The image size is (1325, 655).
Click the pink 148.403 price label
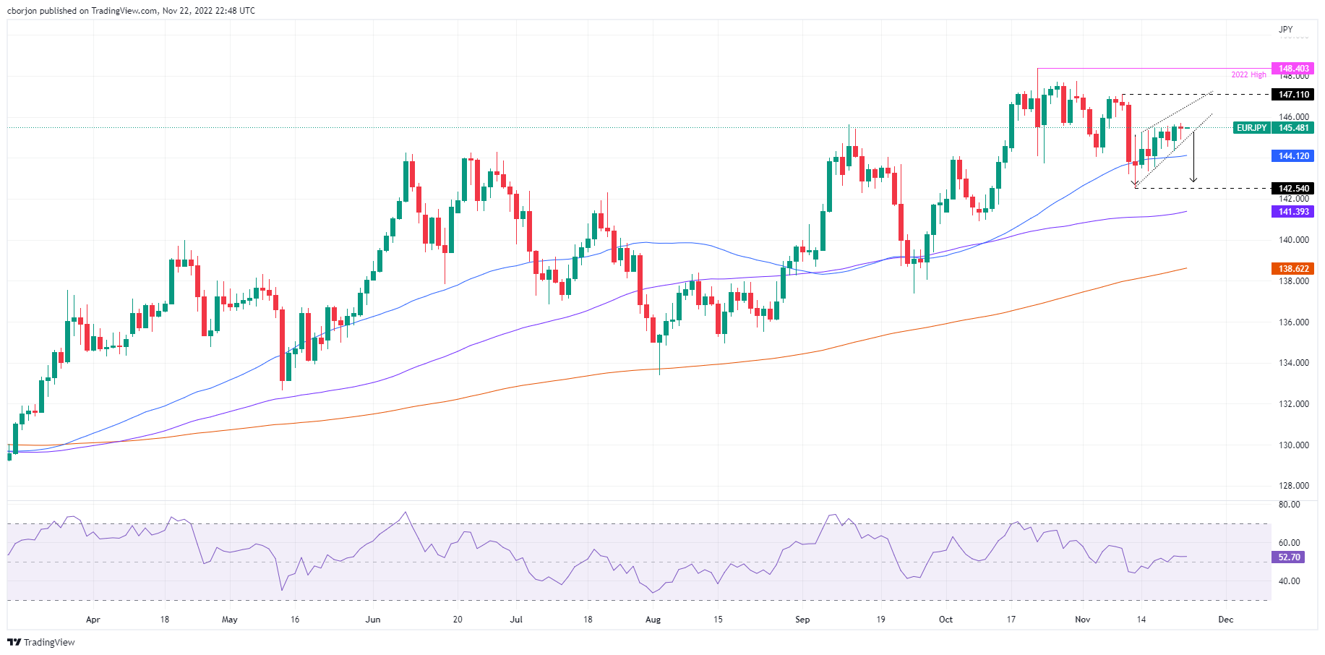[1293, 69]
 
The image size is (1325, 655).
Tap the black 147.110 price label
[1293, 95]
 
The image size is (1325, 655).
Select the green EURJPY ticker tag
[1251, 128]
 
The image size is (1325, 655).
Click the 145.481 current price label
[1293, 128]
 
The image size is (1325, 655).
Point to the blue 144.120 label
[1293, 156]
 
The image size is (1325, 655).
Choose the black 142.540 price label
[1293, 189]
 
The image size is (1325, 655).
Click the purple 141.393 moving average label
[1293, 212]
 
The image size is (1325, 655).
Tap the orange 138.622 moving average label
[1293, 269]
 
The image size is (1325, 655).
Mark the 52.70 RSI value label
[1289, 557]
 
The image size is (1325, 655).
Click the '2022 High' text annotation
[1248, 75]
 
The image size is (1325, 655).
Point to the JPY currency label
[1285, 30]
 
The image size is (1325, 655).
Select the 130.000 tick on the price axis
[1293, 445]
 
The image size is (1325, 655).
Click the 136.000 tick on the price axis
[1293, 322]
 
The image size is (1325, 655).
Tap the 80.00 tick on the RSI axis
[1289, 505]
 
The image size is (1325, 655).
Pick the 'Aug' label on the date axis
[653, 620]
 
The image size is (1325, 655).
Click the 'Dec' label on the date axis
[1225, 620]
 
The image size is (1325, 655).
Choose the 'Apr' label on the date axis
[93, 620]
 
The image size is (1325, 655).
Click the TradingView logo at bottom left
[41, 642]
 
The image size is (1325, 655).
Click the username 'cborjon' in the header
[22, 11]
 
